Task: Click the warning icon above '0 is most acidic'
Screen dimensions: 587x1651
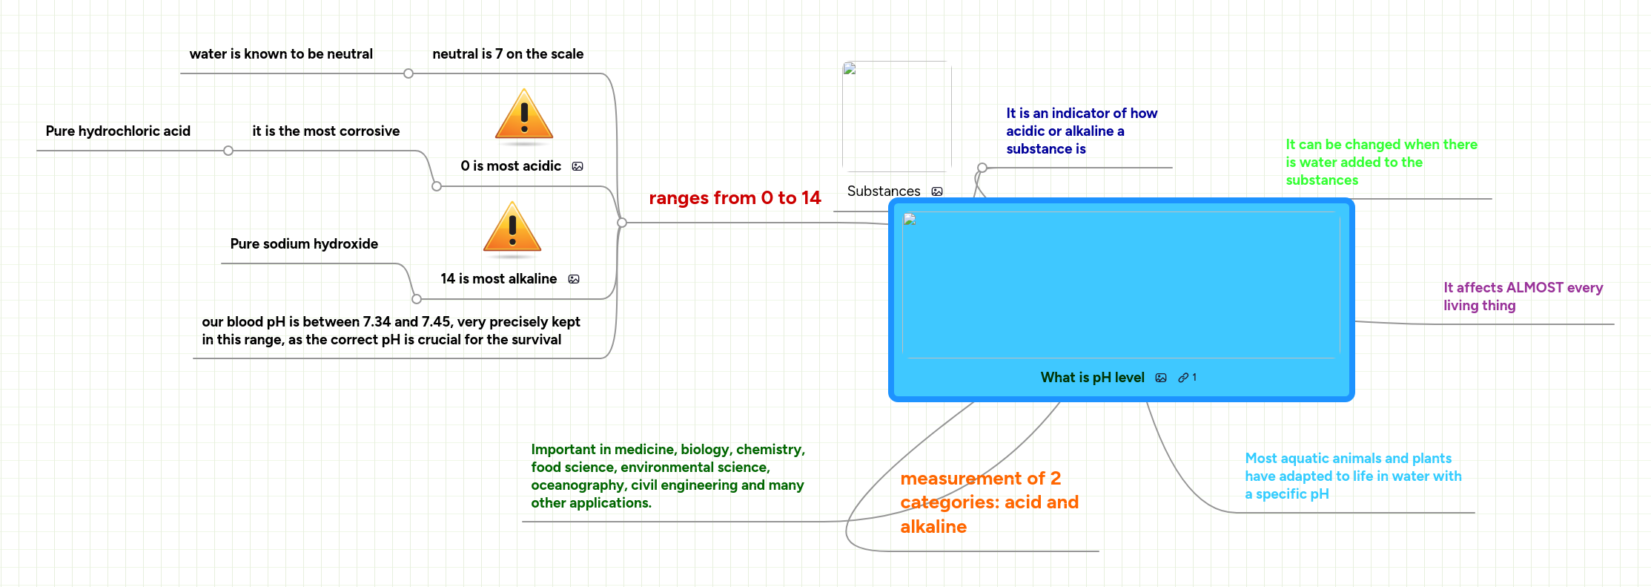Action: pyautogui.click(x=524, y=114)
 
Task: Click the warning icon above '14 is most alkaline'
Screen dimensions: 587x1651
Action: pyautogui.click(x=512, y=227)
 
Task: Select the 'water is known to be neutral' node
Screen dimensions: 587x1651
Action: pyautogui.click(x=281, y=54)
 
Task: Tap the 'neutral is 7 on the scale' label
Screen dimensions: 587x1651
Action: pyautogui.click(x=508, y=54)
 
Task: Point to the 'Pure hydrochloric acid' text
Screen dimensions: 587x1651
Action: pyautogui.click(x=118, y=131)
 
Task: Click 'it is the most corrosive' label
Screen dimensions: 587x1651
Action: pyautogui.click(x=325, y=131)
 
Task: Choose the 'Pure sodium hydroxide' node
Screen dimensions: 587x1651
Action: pyautogui.click(x=304, y=244)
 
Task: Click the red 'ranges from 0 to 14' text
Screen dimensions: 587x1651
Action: pyautogui.click(x=735, y=198)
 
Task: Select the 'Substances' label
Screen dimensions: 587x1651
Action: pyautogui.click(x=884, y=191)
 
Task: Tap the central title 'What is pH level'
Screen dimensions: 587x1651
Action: pyautogui.click(x=1092, y=378)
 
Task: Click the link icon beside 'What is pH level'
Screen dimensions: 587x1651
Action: pyautogui.click(x=1183, y=378)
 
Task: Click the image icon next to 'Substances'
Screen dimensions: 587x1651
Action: pyautogui.click(x=937, y=191)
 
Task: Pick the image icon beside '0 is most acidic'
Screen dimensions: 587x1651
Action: pyautogui.click(x=578, y=166)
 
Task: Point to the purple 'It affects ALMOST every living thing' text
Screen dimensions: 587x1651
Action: pyautogui.click(x=1523, y=297)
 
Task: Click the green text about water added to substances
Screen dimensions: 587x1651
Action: pyautogui.click(x=1381, y=163)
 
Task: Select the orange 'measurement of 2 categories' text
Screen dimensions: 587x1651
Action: pyautogui.click(x=989, y=502)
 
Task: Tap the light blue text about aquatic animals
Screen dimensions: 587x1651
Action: pyautogui.click(x=1353, y=476)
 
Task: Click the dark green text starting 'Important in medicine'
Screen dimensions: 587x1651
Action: pyautogui.click(x=667, y=476)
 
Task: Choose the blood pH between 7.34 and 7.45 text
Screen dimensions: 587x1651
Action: pyautogui.click(x=391, y=331)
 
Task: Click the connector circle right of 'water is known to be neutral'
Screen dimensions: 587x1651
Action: pyautogui.click(x=408, y=73)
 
